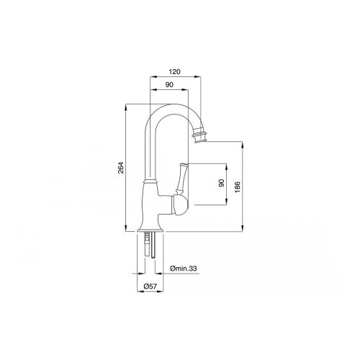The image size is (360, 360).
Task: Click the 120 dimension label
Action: point(174,72)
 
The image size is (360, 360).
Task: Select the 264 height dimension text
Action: point(121,168)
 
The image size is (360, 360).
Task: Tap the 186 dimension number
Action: point(237,188)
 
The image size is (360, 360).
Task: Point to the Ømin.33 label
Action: point(184,269)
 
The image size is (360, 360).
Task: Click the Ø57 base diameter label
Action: point(150,286)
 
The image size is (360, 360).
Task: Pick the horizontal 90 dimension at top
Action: point(169,85)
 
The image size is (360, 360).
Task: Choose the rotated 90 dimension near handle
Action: point(222,183)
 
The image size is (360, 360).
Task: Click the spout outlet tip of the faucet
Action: point(201,141)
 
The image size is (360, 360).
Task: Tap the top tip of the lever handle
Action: point(184,164)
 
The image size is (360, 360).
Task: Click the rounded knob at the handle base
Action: point(180,204)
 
